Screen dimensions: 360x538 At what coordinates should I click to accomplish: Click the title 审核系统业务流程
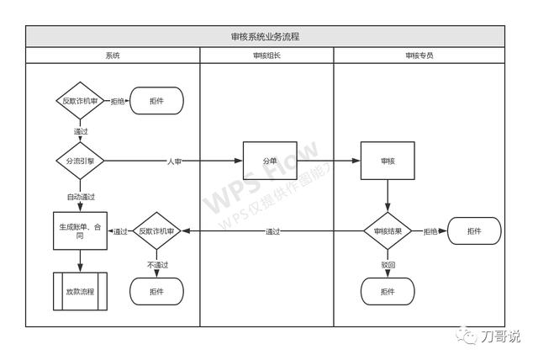pyautogui.click(x=265, y=37)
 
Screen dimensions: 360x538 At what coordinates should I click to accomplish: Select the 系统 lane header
pyautogui.click(x=113, y=56)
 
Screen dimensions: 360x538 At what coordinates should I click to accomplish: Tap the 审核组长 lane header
pyautogui.click(x=266, y=56)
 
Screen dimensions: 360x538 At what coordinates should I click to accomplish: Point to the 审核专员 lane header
pyautogui.click(x=419, y=56)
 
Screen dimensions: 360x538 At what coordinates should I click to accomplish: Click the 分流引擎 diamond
pyautogui.click(x=80, y=161)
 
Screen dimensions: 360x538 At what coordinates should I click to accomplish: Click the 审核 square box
pyautogui.click(x=388, y=161)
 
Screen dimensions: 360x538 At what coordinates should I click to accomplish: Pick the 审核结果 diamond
pyautogui.click(x=388, y=231)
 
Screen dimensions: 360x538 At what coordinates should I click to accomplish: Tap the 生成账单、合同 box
pyautogui.click(x=80, y=231)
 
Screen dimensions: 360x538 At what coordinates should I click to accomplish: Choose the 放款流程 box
pyautogui.click(x=80, y=291)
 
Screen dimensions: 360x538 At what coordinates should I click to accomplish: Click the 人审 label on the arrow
pyautogui.click(x=174, y=161)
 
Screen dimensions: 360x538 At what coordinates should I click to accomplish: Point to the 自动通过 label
pyautogui.click(x=80, y=198)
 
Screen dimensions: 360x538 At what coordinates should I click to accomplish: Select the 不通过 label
pyautogui.click(x=157, y=265)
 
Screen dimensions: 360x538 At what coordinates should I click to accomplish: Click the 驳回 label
pyautogui.click(x=388, y=265)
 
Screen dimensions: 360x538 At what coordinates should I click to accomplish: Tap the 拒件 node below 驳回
pyautogui.click(x=388, y=291)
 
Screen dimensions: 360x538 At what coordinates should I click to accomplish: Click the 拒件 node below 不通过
pyautogui.click(x=156, y=291)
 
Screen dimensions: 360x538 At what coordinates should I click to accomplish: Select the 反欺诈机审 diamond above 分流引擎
pyautogui.click(x=80, y=101)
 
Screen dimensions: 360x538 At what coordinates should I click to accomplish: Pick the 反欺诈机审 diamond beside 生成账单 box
pyautogui.click(x=157, y=231)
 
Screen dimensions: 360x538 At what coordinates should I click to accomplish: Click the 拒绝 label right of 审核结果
pyautogui.click(x=430, y=231)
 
